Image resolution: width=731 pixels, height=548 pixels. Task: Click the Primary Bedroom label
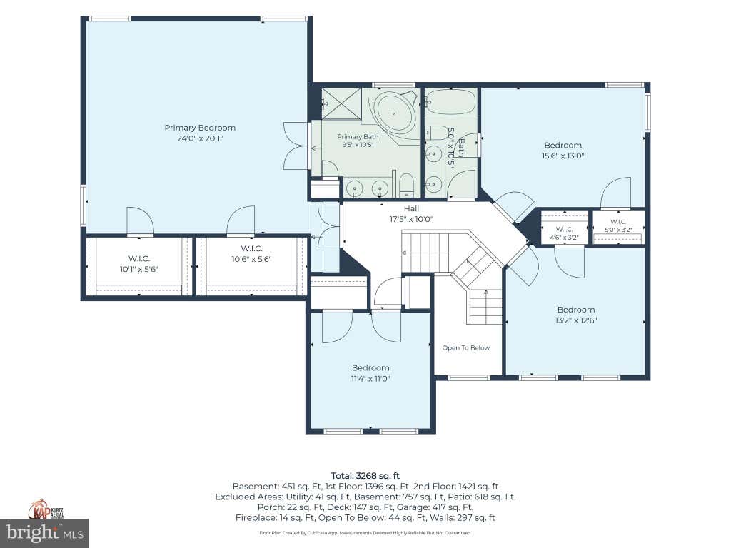(x=200, y=128)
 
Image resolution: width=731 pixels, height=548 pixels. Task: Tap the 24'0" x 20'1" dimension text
(x=200, y=138)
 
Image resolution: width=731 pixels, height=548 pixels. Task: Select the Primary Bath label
(x=358, y=136)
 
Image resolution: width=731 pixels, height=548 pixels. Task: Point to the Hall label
(x=411, y=209)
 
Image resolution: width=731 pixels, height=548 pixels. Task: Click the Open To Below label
(x=465, y=347)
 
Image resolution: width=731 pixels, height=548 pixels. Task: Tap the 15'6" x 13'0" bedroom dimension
(x=563, y=156)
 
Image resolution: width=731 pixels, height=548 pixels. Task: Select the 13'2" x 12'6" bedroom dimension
(x=576, y=320)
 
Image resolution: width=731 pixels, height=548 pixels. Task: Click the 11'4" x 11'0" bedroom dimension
(x=370, y=378)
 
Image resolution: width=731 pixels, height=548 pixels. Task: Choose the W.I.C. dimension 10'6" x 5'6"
(x=251, y=259)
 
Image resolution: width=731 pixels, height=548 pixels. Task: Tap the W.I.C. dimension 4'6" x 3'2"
(x=564, y=237)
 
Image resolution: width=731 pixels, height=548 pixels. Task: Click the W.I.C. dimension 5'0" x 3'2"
(x=618, y=230)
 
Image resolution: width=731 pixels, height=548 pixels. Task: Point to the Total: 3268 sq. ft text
(x=365, y=476)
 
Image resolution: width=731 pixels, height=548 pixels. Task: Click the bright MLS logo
(x=44, y=533)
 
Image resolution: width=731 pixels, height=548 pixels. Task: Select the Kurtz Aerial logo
(x=46, y=509)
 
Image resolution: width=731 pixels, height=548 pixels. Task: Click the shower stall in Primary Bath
(x=342, y=103)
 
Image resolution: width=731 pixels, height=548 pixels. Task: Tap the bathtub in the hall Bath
(x=451, y=102)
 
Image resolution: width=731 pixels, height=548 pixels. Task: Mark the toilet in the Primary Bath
(x=406, y=185)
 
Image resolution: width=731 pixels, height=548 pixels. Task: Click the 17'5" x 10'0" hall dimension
(x=411, y=219)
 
